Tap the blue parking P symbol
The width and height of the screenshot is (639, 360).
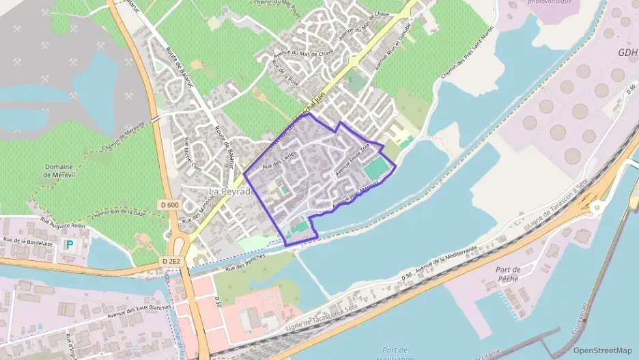68,244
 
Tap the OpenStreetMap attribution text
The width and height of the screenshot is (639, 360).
602,350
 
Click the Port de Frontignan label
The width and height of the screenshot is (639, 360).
400,354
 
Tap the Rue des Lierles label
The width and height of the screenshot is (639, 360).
276,158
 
